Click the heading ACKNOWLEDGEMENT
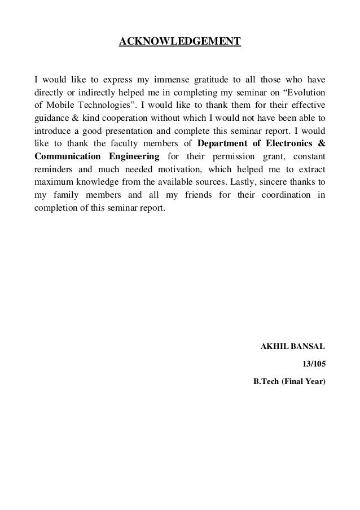point(179,42)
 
